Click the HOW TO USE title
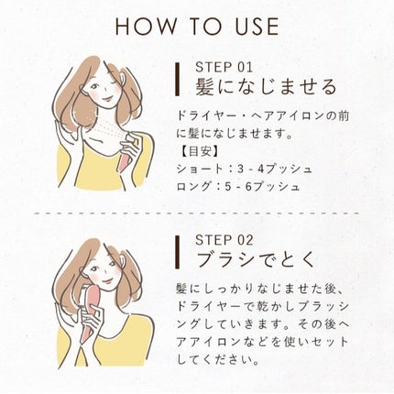point(197,26)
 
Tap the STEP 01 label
point(224,68)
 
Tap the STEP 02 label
point(225,240)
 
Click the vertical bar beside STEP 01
point(177,81)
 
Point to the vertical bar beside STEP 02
point(177,252)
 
